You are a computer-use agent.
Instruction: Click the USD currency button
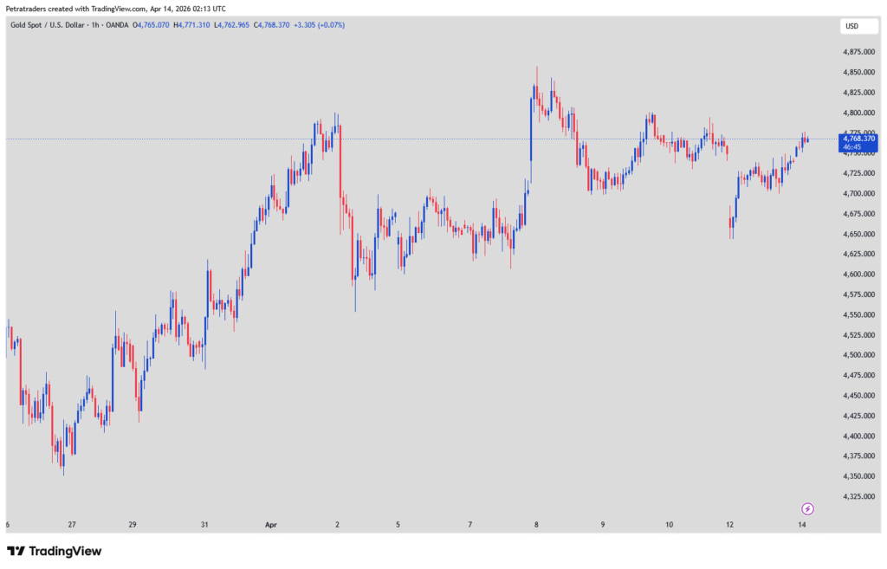click(851, 26)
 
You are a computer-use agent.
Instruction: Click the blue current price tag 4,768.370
click(858, 139)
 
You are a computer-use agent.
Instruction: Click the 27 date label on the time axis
click(72, 525)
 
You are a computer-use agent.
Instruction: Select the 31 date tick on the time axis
click(204, 525)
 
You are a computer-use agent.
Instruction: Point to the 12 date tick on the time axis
click(730, 525)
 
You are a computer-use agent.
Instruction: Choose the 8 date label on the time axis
click(536, 525)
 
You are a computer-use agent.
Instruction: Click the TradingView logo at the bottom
click(54, 551)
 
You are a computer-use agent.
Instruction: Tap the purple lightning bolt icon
click(807, 508)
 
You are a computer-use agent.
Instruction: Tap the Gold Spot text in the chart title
click(26, 25)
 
